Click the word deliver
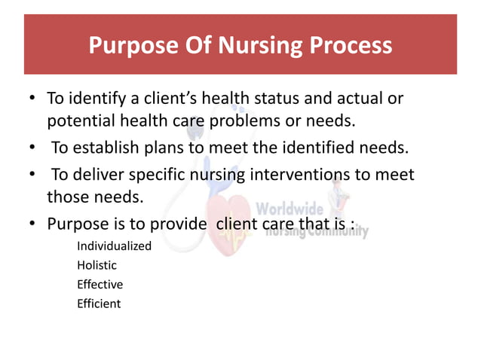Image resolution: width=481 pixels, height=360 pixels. click(97, 175)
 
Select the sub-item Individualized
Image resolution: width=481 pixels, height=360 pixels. click(114, 246)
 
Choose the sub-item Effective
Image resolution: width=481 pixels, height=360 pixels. click(100, 285)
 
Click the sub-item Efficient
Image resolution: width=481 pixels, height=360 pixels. click(98, 304)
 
